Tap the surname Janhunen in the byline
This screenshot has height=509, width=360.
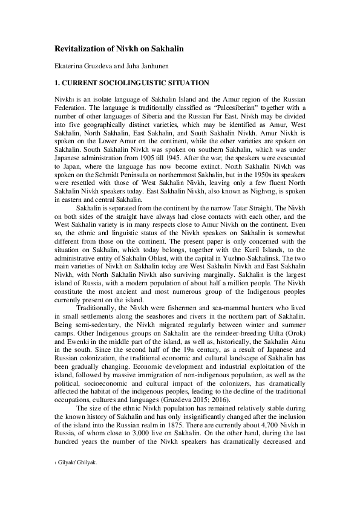146,65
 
